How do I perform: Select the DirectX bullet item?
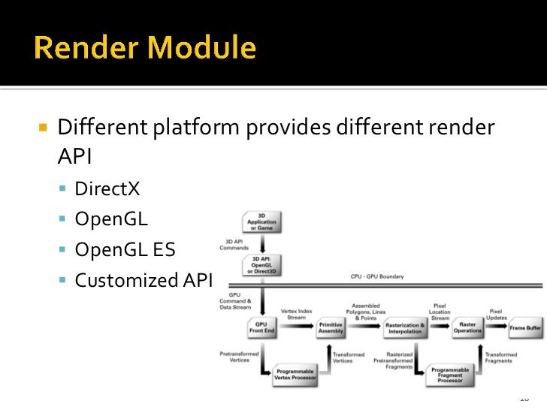[x=107, y=188]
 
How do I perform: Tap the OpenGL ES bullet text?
[x=125, y=249]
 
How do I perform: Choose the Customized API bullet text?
[x=144, y=280]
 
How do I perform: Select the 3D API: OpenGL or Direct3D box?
[x=261, y=264]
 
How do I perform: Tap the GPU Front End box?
[x=261, y=327]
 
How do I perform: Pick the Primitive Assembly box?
[x=331, y=327]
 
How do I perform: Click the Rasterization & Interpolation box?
[x=405, y=328]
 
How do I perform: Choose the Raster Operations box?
[x=467, y=327]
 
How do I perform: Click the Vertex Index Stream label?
[x=296, y=314]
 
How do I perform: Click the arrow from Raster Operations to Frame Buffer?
[x=495, y=328]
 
